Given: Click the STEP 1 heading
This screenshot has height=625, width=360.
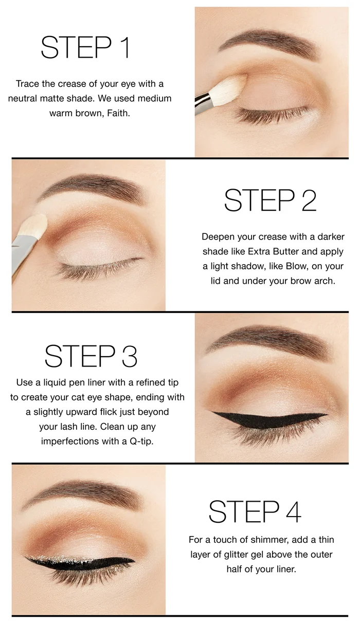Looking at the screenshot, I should (x=85, y=48).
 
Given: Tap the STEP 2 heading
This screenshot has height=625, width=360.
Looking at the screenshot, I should (x=271, y=200).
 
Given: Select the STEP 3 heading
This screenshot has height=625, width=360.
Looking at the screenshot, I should (x=91, y=356).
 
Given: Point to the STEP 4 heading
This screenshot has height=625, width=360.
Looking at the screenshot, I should (x=255, y=511).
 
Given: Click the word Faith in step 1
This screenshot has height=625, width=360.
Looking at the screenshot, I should (x=118, y=113).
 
